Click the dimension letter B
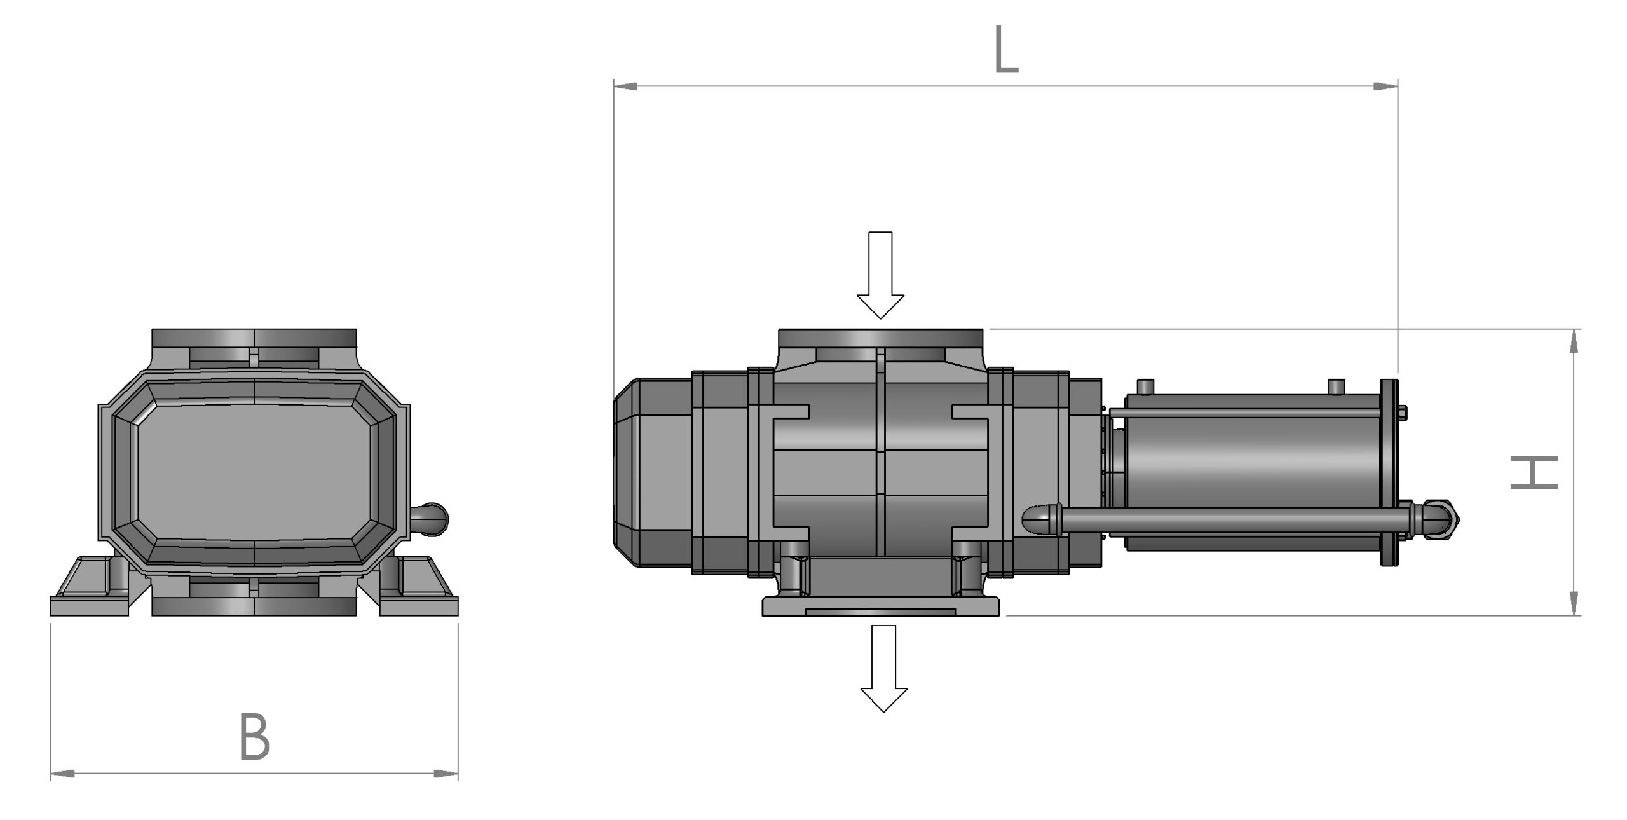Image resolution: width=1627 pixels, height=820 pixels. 255,737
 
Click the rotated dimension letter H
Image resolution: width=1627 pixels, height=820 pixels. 1534,472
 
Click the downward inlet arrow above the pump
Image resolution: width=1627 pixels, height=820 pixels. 880,275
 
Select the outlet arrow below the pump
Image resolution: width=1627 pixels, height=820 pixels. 883,668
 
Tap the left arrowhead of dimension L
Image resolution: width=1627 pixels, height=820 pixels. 626,86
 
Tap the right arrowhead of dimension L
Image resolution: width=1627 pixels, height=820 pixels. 1385,86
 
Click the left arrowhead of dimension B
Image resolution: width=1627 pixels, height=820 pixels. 63,774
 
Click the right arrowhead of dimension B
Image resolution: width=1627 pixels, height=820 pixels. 446,774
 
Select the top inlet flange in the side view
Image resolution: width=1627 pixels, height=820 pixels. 881,338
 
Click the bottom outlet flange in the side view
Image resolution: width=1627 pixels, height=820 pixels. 881,606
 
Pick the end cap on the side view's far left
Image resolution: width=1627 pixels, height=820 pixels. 653,472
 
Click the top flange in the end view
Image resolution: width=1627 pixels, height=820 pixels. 254,338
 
